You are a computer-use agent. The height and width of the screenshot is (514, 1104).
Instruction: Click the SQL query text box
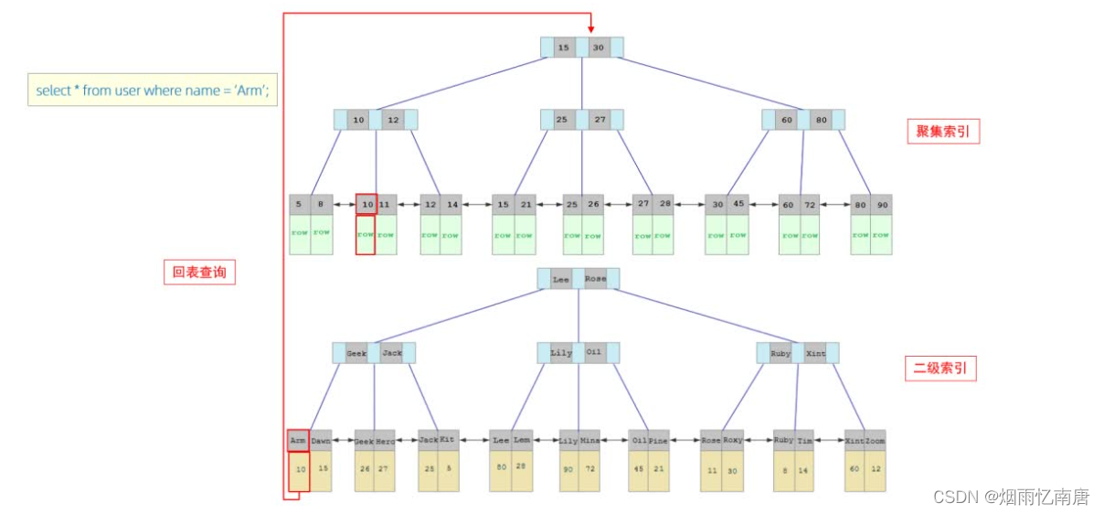coord(153,91)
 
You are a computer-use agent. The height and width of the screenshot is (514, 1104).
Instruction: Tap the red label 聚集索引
coord(942,132)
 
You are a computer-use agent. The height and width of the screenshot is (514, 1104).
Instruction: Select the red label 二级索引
coord(940,369)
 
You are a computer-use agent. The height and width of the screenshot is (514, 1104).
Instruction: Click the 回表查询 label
coord(199,272)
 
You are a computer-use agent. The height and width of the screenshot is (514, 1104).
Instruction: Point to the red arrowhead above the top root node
coord(590,28)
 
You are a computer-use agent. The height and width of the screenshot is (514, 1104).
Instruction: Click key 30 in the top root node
coord(599,47)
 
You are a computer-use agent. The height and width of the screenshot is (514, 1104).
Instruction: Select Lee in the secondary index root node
coord(561,278)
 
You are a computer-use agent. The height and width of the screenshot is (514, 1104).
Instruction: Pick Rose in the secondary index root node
coord(595,278)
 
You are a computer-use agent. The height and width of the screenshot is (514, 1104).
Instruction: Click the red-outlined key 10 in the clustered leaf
coord(366,205)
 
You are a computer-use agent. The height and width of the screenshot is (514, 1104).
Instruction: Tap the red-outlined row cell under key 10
coord(366,235)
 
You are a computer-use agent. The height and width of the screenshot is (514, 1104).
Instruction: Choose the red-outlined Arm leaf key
coord(298,440)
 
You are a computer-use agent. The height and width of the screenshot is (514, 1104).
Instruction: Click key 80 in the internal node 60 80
coord(821,120)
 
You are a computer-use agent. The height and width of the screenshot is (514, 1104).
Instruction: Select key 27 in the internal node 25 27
coord(600,120)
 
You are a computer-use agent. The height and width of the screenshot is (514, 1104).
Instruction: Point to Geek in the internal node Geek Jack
coord(357,353)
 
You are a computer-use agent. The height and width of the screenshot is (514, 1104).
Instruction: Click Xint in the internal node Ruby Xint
coord(815,353)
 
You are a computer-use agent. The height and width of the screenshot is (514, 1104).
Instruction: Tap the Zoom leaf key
coord(875,440)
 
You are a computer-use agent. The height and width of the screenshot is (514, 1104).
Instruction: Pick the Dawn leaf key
coord(320,440)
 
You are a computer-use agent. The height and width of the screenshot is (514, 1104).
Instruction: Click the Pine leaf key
coord(659,440)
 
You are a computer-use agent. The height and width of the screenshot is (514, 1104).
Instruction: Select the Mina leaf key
coord(589,440)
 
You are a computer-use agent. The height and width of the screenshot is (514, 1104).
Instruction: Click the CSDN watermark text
coord(1011,497)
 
